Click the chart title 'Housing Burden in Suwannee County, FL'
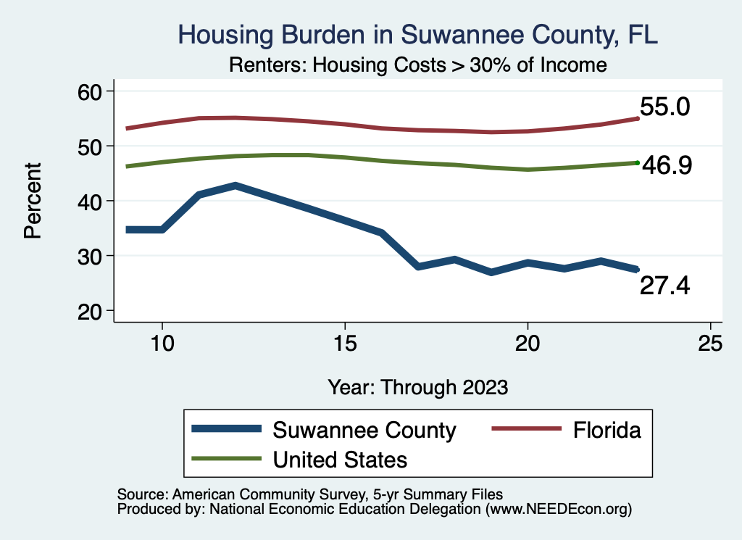[x=418, y=35]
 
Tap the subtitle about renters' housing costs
[x=417, y=65]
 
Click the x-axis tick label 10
[x=162, y=344]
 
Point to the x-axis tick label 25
[x=710, y=344]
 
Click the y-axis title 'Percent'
[x=33, y=201]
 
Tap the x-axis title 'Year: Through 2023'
[x=417, y=386]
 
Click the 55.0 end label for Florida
[x=664, y=107]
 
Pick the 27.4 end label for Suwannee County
[x=664, y=287]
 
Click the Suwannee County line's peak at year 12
[x=235, y=186]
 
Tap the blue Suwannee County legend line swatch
[x=225, y=430]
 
